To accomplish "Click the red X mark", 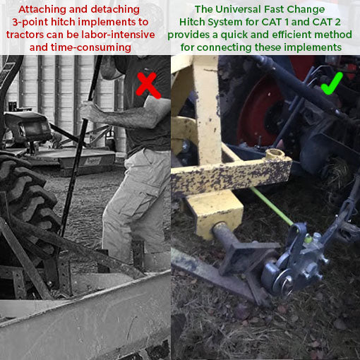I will pyautogui.click(x=146, y=85).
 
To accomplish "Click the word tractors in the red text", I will pyautogui.click(x=25, y=35).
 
